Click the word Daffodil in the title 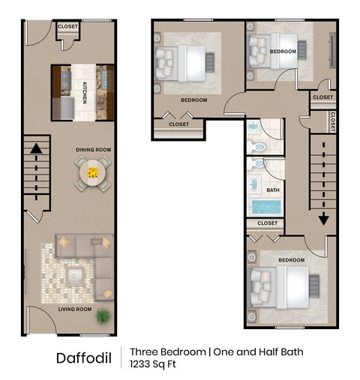click(x=84, y=358)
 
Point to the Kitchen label click(x=85, y=93)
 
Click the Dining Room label click(x=93, y=150)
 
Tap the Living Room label click(x=76, y=309)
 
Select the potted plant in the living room click(x=102, y=317)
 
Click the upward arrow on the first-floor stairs click(x=35, y=151)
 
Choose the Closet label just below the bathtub click(x=268, y=223)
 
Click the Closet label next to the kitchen click(x=67, y=27)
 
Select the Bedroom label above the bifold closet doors click(x=193, y=100)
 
